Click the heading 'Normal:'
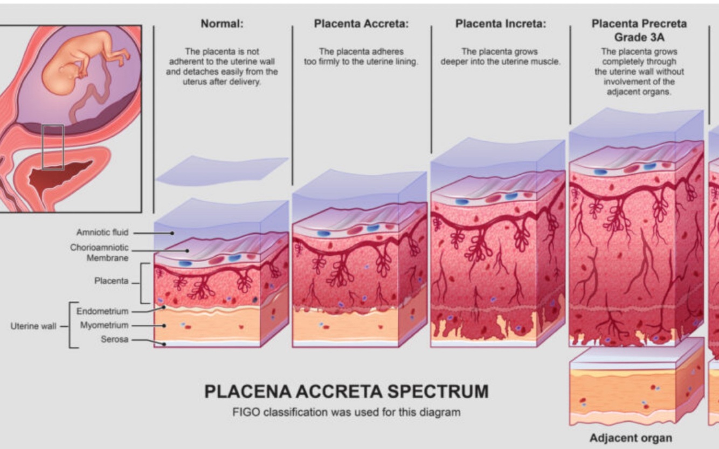(222, 24)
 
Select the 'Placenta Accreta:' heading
(361, 24)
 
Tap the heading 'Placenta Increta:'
(500, 24)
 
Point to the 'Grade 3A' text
(639, 38)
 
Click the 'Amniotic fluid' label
(102, 233)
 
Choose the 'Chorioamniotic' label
(99, 248)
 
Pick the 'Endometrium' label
(102, 311)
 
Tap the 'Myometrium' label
(104, 325)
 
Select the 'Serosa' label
(114, 340)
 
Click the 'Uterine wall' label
(33, 326)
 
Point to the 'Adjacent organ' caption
(631, 438)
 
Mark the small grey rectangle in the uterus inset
(53, 147)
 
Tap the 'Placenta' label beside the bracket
(112, 281)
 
